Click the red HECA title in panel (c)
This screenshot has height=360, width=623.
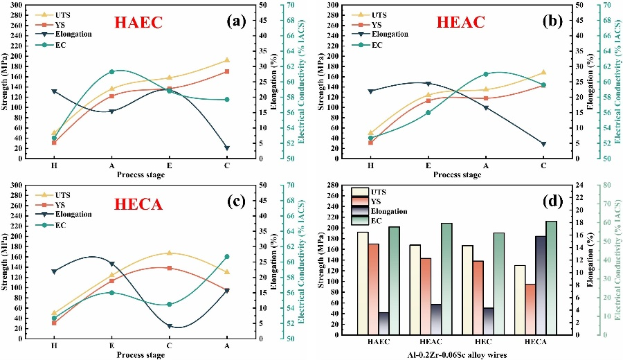[x=138, y=204]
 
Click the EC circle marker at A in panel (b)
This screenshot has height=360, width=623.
[x=486, y=74]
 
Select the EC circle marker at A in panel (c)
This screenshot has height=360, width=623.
[x=227, y=257]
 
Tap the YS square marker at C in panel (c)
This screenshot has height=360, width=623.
[x=170, y=267]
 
